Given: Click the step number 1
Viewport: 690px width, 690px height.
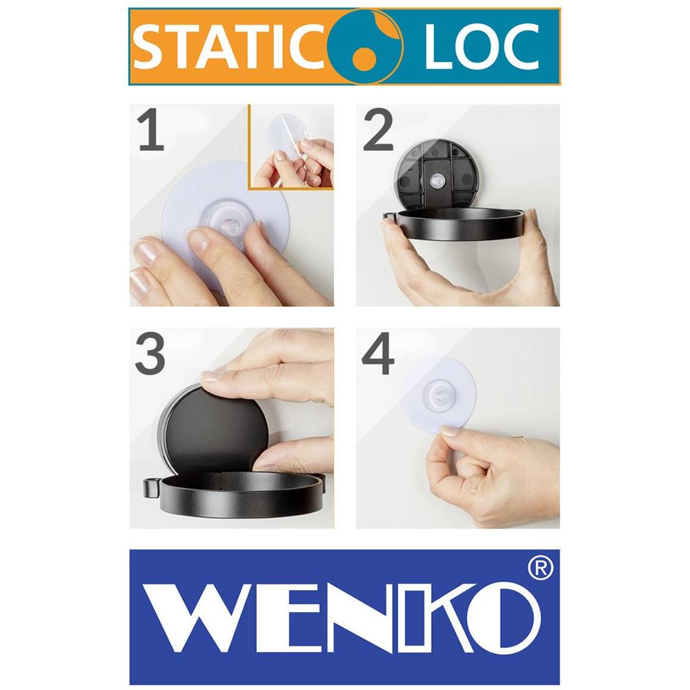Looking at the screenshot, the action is [x=151, y=130].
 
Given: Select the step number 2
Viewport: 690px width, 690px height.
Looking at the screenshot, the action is [x=378, y=130].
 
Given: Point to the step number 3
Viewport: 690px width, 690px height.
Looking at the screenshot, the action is [x=150, y=353].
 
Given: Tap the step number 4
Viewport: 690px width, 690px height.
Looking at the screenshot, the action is [x=377, y=354].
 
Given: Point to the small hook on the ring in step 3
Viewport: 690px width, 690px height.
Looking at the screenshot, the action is [x=150, y=488].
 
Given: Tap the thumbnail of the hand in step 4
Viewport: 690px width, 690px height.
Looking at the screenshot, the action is [x=449, y=431].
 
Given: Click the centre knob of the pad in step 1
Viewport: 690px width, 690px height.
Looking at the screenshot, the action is [x=230, y=227].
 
